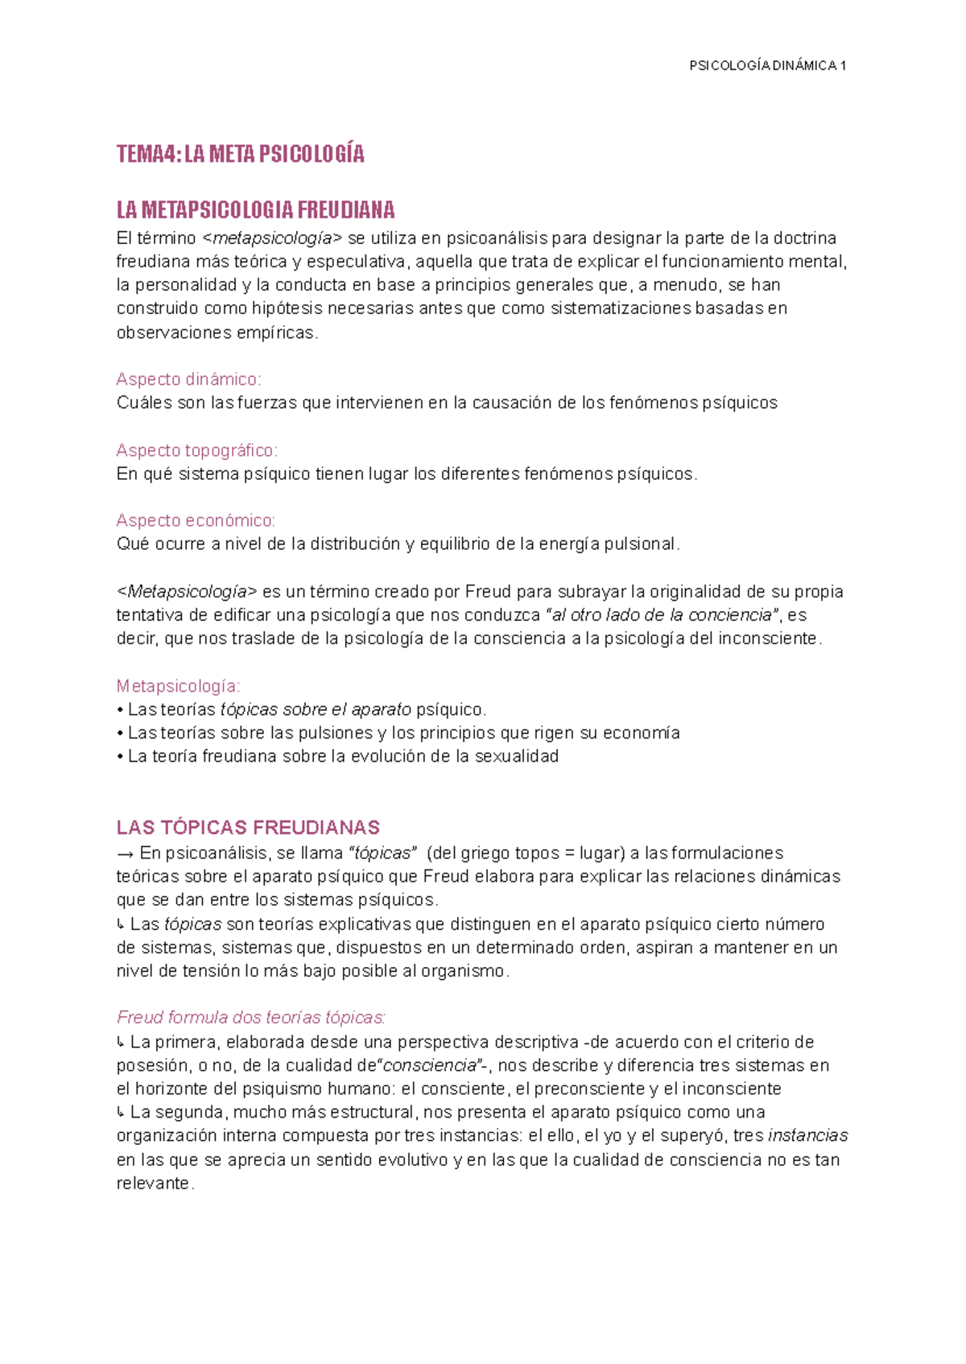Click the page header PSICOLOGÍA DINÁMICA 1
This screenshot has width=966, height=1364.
pos(766,66)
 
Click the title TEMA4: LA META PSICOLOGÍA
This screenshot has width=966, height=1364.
pos(240,154)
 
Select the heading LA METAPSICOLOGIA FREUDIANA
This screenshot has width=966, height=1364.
pos(255,211)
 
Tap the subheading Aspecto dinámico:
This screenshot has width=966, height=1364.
pos(188,379)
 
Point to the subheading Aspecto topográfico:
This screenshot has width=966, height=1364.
pos(196,450)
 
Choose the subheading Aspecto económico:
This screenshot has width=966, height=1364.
pos(196,521)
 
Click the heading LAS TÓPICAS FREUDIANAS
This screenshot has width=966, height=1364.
pos(248,828)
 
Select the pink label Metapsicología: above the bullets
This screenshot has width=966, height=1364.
pos(178,686)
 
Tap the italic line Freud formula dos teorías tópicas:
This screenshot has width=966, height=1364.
pos(251,1018)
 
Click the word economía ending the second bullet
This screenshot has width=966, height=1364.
pos(641,734)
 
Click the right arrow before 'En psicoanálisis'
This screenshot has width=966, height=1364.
pos(125,853)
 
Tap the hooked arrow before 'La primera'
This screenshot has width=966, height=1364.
pos(121,1043)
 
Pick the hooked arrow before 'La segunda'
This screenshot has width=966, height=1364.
pos(121,1113)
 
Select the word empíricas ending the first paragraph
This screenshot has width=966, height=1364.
pos(277,333)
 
